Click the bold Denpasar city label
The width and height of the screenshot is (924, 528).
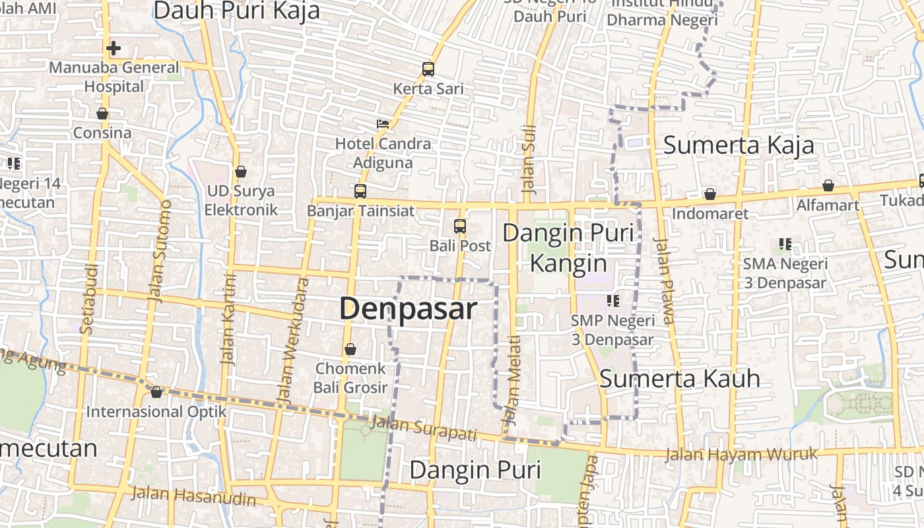click(407, 309)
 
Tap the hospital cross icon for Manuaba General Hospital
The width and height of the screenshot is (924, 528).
click(114, 48)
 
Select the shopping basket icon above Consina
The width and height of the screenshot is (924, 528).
click(102, 114)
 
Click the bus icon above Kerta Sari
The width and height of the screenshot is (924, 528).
click(428, 69)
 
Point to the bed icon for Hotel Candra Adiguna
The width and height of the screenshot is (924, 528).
click(383, 123)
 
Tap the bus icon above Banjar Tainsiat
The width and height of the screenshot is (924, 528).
click(360, 191)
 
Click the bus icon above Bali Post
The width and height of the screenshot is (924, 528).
click(460, 226)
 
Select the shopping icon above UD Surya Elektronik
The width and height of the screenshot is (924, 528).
click(241, 172)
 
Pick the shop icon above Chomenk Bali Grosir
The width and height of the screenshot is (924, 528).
click(350, 348)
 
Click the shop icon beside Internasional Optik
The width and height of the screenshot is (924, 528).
click(156, 392)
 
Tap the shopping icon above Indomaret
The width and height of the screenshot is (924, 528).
click(710, 194)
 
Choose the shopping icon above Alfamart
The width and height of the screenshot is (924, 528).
click(828, 185)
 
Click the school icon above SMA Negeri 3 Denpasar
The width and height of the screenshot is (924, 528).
click(785, 244)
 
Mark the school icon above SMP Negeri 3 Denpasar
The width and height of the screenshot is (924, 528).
click(613, 301)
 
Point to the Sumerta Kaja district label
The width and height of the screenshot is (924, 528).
click(739, 145)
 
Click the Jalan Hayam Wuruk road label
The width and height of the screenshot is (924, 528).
click(741, 454)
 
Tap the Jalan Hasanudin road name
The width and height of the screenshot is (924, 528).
click(193, 496)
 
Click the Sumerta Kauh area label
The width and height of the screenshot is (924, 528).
click(680, 379)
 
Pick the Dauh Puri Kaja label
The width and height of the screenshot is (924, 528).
click(236, 11)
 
